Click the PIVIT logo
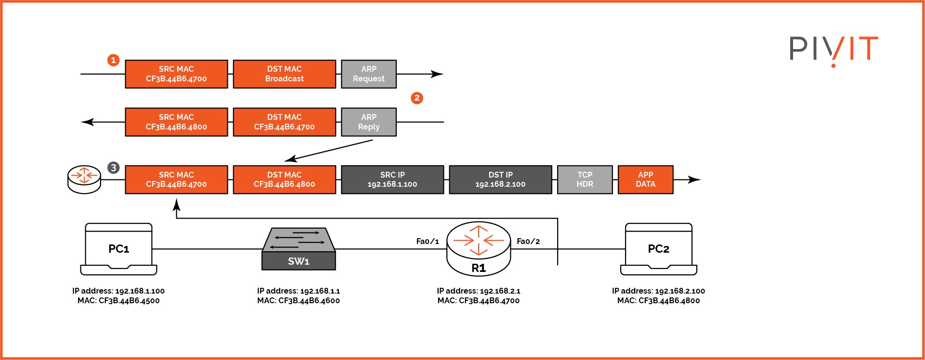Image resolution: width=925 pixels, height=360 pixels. click(834, 50)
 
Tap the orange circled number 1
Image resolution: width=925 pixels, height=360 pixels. click(113, 60)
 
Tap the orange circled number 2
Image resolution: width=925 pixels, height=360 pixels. click(417, 98)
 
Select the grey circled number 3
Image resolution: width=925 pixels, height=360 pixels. click(113, 167)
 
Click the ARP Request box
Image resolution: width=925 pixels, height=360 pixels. click(369, 74)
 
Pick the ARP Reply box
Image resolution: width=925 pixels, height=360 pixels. click(369, 122)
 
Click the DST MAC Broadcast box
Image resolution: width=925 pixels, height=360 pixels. click(285, 74)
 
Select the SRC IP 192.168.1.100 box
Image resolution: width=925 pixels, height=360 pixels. click(392, 180)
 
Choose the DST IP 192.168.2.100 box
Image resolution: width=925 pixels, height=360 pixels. click(500, 180)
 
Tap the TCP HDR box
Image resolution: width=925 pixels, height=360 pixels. click(585, 180)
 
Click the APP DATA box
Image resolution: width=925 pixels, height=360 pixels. click(645, 180)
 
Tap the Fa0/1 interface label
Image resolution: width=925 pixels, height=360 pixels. click(428, 241)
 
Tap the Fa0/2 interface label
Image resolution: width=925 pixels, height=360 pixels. click(528, 241)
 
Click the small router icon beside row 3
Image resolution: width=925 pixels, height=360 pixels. click(84, 180)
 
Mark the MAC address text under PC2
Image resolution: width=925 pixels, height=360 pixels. click(658, 301)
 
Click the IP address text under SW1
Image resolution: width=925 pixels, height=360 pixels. click(299, 291)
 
